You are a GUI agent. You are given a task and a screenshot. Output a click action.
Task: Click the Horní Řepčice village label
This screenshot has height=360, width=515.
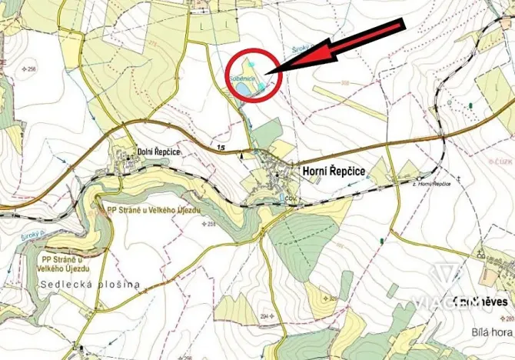coord(333,168)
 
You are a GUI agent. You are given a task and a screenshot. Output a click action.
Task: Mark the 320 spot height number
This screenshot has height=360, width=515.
coord(331,297)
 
